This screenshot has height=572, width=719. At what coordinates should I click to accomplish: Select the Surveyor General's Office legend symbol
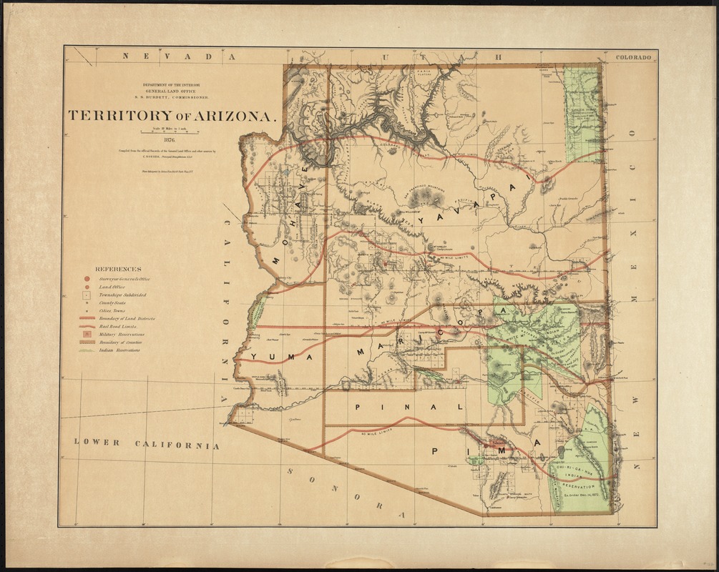pos(86,278)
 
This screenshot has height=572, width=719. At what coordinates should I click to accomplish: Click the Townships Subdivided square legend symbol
pos(86,295)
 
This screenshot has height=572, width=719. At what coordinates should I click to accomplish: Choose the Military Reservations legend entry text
pos(122,334)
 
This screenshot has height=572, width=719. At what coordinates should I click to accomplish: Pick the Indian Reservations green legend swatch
pos(86,350)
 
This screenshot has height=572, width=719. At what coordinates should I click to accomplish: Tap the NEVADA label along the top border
pos(169,56)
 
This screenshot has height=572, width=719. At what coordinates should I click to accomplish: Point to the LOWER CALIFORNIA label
pos(147,444)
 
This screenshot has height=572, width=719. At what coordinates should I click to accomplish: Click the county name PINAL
pos(405,406)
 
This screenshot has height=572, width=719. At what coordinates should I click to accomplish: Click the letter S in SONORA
pos(293,470)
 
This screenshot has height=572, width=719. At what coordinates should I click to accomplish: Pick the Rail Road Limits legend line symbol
pos(86,325)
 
